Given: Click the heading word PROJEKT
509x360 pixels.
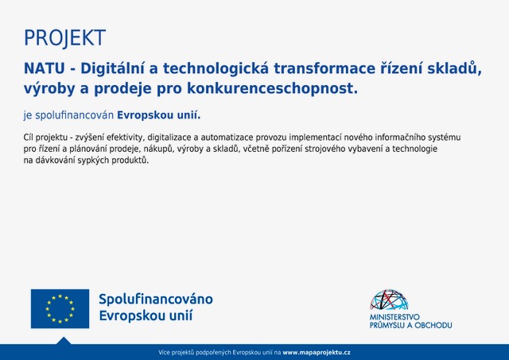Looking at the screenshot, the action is coord(65,38).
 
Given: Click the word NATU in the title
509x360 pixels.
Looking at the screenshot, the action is coord(45,68).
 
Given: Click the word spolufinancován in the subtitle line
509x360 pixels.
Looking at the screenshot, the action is coord(74,115).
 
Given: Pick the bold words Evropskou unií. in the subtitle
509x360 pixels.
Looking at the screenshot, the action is coord(159,115).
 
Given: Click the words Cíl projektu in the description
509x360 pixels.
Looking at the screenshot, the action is coord(45,137).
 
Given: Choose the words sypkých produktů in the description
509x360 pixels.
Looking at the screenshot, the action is coord(113,161).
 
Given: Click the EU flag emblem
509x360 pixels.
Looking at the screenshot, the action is coord(60,309).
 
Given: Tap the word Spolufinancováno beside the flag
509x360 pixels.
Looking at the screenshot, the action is coord(156,299).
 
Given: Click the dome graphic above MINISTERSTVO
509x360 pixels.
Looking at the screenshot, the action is coord(389,300).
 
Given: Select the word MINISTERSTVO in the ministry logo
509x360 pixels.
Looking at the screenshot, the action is coord(394,317).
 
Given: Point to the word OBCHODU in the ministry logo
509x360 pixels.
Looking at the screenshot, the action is coord(433,325).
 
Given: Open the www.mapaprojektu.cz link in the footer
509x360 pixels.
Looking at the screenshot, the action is coord(317,353).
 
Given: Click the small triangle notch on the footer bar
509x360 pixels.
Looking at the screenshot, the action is coord(64,341).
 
